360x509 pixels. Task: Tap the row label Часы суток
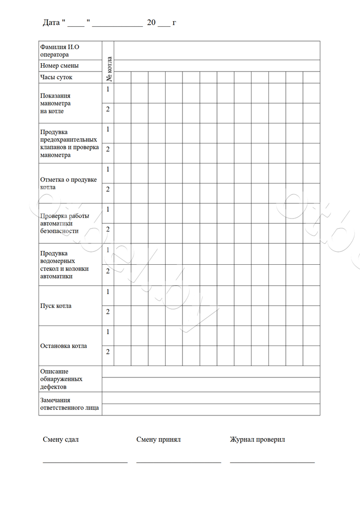56,77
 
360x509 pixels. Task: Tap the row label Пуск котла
56,306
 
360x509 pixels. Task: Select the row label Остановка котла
63,346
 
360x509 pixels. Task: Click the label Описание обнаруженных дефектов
60,379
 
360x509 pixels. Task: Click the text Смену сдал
61,440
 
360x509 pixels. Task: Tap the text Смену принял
158,440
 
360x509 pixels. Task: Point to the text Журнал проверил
257,440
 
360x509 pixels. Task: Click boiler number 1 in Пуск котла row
108,292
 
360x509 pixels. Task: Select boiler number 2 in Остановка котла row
108,352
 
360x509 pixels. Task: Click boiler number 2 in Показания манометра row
108,109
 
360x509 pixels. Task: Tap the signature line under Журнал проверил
272,462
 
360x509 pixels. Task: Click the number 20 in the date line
151,23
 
